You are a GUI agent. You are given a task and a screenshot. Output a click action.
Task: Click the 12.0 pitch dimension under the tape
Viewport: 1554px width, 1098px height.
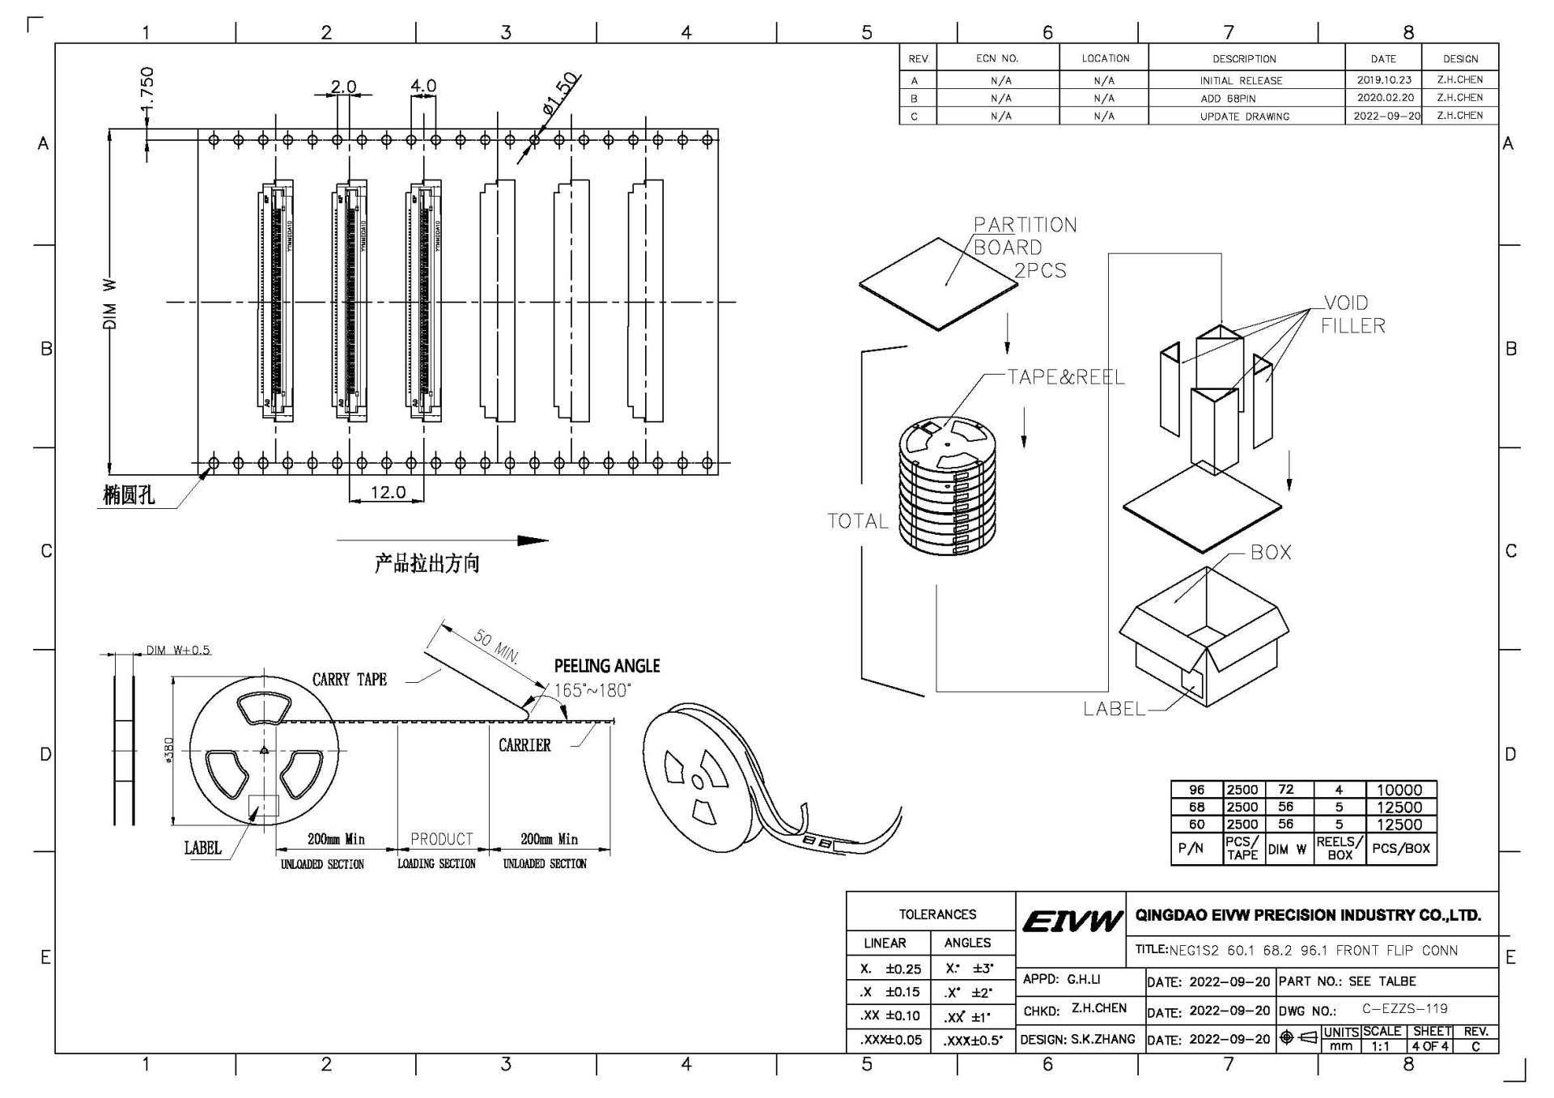pyautogui.click(x=388, y=492)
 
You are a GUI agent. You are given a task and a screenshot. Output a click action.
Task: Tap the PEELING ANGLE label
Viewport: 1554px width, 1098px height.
pyautogui.click(x=606, y=666)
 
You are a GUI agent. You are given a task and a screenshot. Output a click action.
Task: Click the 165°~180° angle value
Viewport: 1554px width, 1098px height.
pyautogui.click(x=592, y=690)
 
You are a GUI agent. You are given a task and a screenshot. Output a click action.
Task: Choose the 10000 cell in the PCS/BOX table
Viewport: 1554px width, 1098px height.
pyautogui.click(x=1399, y=790)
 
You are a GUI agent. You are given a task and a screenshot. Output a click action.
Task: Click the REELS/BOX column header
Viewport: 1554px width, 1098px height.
pyautogui.click(x=1339, y=848)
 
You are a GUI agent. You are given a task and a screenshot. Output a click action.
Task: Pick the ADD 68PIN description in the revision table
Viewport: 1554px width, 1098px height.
pyautogui.click(x=1228, y=98)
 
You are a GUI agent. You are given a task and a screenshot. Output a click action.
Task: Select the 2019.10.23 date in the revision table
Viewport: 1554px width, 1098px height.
pyautogui.click(x=1383, y=80)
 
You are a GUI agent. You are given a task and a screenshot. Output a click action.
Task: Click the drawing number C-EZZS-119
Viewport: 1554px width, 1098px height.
pyautogui.click(x=1404, y=1009)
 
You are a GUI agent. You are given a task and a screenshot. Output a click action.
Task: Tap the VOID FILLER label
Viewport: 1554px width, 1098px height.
pyautogui.click(x=1352, y=314)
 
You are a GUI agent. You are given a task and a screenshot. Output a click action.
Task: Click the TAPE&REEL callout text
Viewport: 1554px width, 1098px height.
pyautogui.click(x=1065, y=377)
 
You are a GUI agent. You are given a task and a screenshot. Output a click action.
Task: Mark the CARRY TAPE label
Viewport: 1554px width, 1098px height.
pyautogui.click(x=350, y=680)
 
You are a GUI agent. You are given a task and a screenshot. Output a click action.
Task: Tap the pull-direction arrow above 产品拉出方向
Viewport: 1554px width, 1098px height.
pyautogui.click(x=442, y=541)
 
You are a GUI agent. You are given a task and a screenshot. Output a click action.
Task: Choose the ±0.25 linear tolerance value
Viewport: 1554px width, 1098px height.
pyautogui.click(x=902, y=969)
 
